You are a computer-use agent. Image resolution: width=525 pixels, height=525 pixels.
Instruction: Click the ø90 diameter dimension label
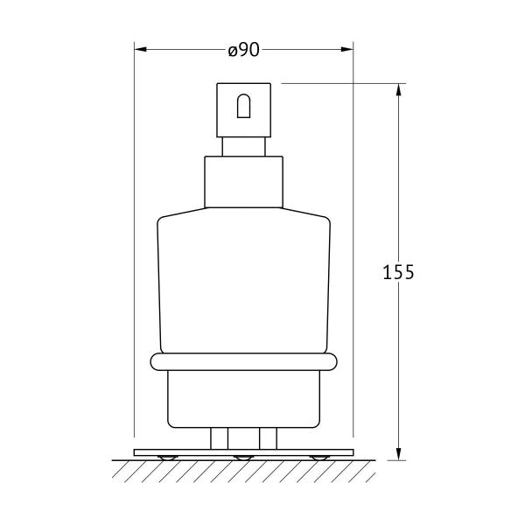click(x=244, y=50)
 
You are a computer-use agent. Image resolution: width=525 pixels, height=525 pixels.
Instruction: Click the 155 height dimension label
click(x=398, y=272)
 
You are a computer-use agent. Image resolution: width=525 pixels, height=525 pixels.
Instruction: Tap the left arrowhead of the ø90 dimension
click(x=140, y=50)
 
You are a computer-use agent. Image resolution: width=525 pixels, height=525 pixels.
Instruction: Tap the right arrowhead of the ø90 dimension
click(x=347, y=50)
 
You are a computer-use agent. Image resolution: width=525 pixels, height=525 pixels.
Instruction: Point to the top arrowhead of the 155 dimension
click(x=398, y=89)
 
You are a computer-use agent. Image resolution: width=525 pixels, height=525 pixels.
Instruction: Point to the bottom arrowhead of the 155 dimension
click(x=398, y=454)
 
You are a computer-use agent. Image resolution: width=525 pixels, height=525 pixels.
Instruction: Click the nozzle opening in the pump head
click(x=244, y=106)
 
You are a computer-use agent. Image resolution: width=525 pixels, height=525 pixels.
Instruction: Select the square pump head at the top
click(x=244, y=110)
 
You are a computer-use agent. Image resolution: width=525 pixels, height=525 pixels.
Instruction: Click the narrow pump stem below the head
click(x=244, y=147)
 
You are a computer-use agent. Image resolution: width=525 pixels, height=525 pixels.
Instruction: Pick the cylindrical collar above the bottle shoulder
click(x=244, y=182)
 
